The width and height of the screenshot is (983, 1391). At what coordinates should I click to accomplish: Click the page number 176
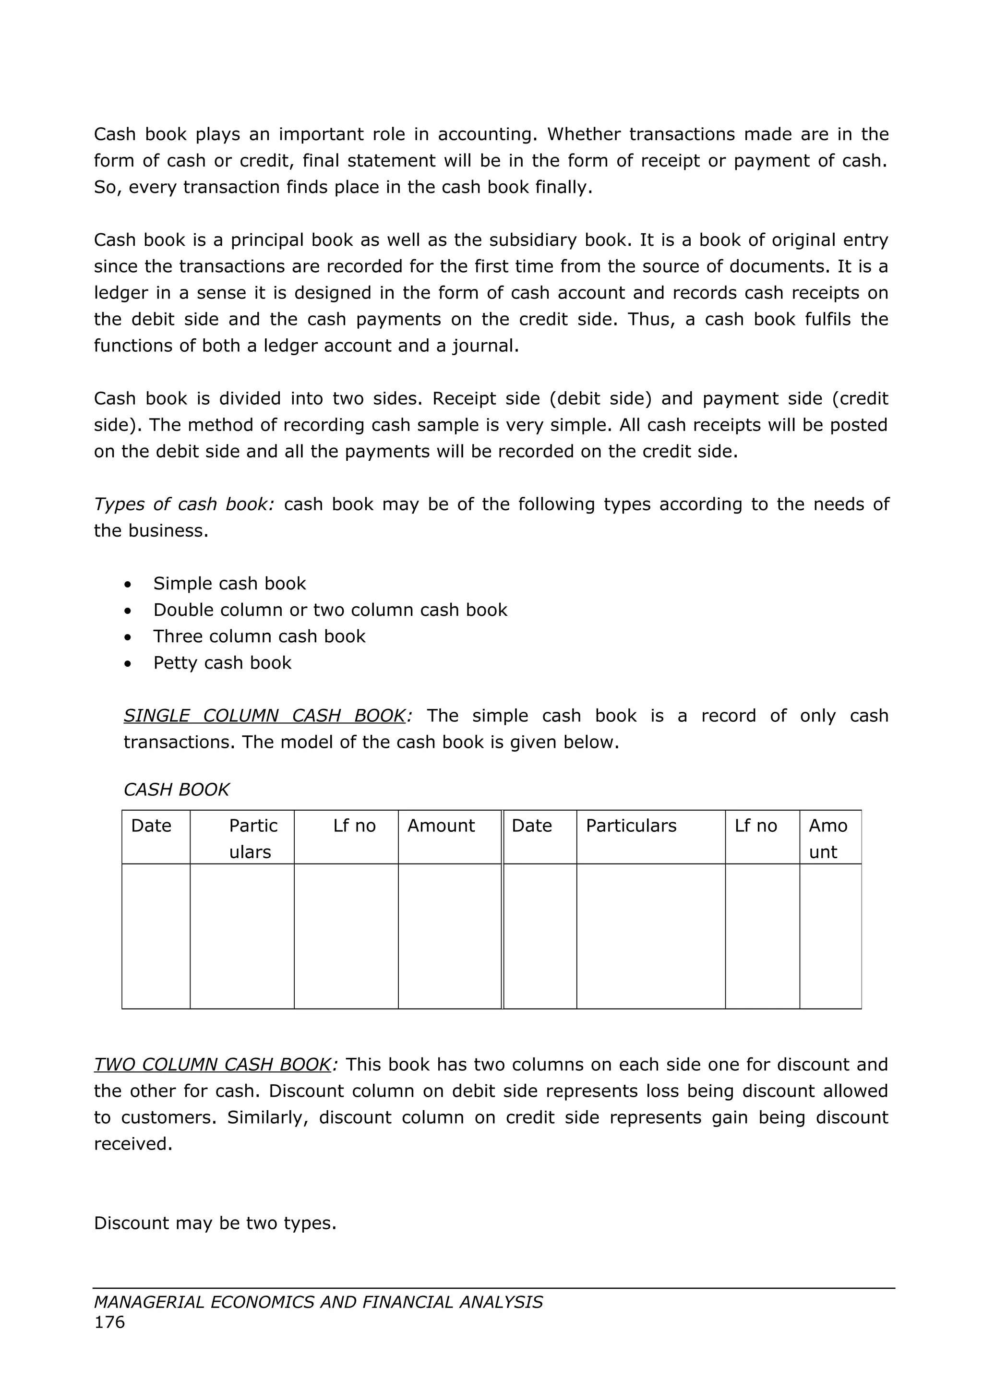109,1322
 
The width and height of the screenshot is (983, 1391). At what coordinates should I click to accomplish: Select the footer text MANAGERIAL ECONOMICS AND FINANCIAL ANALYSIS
318,1302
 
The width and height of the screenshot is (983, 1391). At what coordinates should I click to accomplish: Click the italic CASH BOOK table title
176,790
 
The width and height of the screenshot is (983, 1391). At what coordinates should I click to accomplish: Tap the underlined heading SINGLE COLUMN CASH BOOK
264,716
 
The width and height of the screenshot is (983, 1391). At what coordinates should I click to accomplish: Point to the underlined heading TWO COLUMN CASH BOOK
213,1065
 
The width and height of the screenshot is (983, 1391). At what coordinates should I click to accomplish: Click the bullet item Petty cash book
222,663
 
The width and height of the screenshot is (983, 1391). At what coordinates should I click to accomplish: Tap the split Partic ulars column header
252,839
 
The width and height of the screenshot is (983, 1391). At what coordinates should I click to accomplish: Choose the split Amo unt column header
827,839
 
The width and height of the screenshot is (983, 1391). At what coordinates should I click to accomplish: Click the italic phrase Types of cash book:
184,504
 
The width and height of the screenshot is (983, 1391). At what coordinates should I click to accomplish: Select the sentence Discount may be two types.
215,1223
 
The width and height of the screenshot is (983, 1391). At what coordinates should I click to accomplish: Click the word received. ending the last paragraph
133,1144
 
